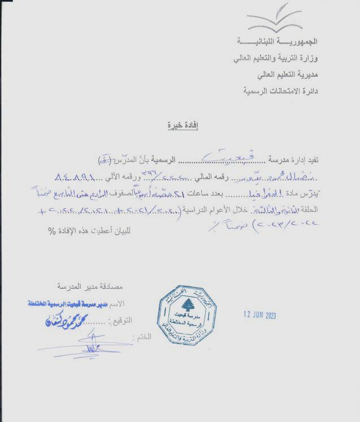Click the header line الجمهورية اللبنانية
277,42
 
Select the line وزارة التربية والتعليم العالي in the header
275,58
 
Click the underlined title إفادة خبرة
179,125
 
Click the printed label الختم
144,337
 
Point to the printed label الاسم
126,304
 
